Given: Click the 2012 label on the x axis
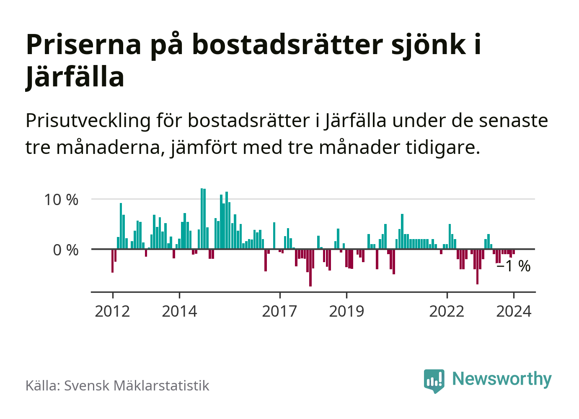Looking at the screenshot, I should [x=112, y=312].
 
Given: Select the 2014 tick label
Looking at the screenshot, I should [x=179, y=312].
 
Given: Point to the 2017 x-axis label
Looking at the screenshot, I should [x=279, y=312].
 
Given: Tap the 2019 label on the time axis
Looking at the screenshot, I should [x=346, y=312].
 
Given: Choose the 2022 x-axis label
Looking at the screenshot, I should [x=447, y=312].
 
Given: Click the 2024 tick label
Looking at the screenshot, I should [x=514, y=312].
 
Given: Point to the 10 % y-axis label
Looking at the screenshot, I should [x=61, y=200].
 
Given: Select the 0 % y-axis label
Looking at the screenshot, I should [x=66, y=250].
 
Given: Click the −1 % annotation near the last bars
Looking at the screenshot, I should [x=513, y=266].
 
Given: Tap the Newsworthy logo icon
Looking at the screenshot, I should [x=434, y=380].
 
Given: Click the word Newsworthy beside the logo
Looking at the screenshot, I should [x=502, y=379].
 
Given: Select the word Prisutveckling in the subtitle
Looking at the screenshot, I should [x=88, y=121].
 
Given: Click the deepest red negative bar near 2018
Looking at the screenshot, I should [x=310, y=268].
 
